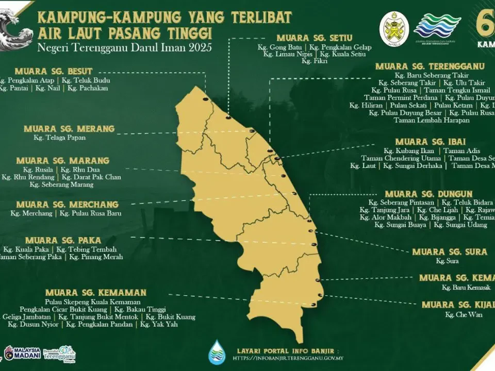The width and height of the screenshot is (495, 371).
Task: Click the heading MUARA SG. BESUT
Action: click(x=54, y=71)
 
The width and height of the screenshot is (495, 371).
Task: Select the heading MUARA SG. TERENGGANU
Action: click(x=430, y=66)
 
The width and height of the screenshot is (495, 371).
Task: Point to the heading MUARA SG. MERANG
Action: click(x=69, y=129)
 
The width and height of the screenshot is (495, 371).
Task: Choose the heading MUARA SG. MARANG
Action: click(x=63, y=161)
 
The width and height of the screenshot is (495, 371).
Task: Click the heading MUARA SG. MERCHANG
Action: click(x=68, y=205)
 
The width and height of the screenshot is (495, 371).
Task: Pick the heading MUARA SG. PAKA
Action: click(x=63, y=240)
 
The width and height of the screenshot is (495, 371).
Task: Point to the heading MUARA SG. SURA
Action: click(x=450, y=252)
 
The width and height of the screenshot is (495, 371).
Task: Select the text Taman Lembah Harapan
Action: click(x=432, y=121)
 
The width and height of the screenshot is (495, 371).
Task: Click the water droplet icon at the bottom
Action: click(x=217, y=352)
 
